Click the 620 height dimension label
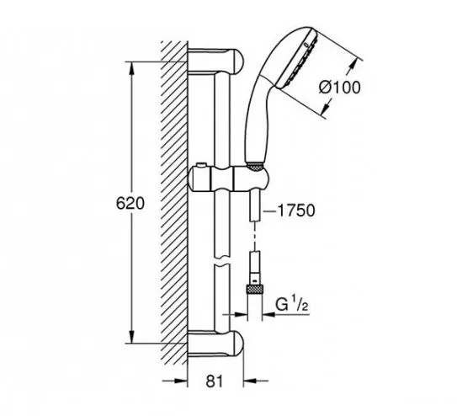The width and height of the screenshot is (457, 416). coord(130,203)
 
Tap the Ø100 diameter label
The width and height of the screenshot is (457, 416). coord(339,88)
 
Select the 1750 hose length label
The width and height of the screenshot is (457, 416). coord(296,211)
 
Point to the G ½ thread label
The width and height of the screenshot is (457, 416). coord(292,305)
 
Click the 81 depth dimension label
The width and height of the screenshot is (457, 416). coord(215,381)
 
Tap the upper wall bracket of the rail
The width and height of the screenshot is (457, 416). coord(215,61)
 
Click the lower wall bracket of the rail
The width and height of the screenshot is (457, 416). coord(215,344)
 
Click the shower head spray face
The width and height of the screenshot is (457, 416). coord(298,58)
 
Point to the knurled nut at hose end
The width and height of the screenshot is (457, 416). coord(255,291)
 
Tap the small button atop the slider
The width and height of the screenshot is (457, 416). coord(201,165)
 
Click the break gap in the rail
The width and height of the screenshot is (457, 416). coord(222,261)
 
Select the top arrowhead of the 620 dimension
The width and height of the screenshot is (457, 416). coord(132,68)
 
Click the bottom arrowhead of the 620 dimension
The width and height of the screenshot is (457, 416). coord(132,338)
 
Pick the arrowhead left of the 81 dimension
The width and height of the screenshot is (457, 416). coord(181,381)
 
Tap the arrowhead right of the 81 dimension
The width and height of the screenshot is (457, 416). coord(250,381)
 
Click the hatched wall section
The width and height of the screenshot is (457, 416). coord(174,203)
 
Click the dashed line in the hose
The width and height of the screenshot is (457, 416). coord(255,236)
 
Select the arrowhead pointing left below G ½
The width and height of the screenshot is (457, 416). coord(268,315)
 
